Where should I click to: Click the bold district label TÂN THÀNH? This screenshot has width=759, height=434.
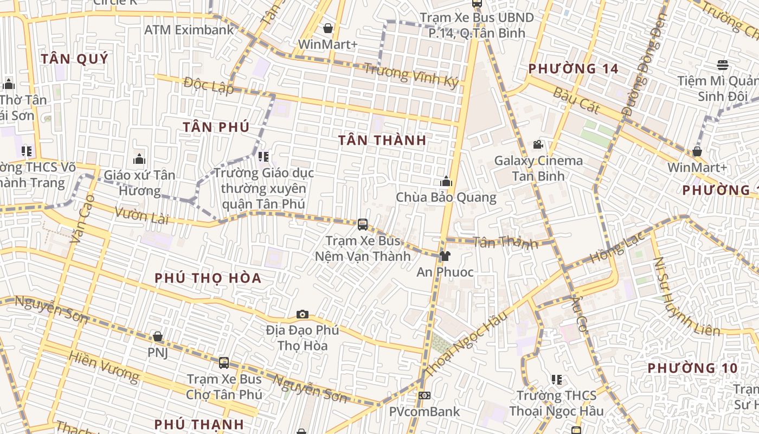tap(382, 140)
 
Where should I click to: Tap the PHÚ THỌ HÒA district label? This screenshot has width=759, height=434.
tap(208, 278)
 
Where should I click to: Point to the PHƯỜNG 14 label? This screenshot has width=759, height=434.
tap(573, 69)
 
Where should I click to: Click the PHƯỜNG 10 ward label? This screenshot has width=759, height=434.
tap(692, 368)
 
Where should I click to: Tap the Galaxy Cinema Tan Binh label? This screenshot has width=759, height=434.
tap(538, 168)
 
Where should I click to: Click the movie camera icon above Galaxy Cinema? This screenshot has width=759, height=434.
tap(538, 144)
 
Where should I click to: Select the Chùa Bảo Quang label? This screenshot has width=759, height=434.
tap(446, 197)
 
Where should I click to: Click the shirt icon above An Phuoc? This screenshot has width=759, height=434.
tap(445, 256)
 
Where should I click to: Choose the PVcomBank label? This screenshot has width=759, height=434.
tap(424, 412)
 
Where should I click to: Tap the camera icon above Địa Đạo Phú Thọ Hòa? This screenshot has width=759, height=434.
tap(303, 314)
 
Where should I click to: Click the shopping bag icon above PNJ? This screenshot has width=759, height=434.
tap(158, 337)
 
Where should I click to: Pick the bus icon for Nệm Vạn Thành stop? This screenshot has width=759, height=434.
tap(363, 224)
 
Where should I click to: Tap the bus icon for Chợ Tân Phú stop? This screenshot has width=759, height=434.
tap(224, 363)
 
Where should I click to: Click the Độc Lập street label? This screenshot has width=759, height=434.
tap(209, 86)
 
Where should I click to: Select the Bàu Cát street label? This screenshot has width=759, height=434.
tap(576, 100)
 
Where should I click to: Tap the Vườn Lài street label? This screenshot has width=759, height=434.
tap(141, 215)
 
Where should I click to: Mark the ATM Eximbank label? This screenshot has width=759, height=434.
tap(189, 30)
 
